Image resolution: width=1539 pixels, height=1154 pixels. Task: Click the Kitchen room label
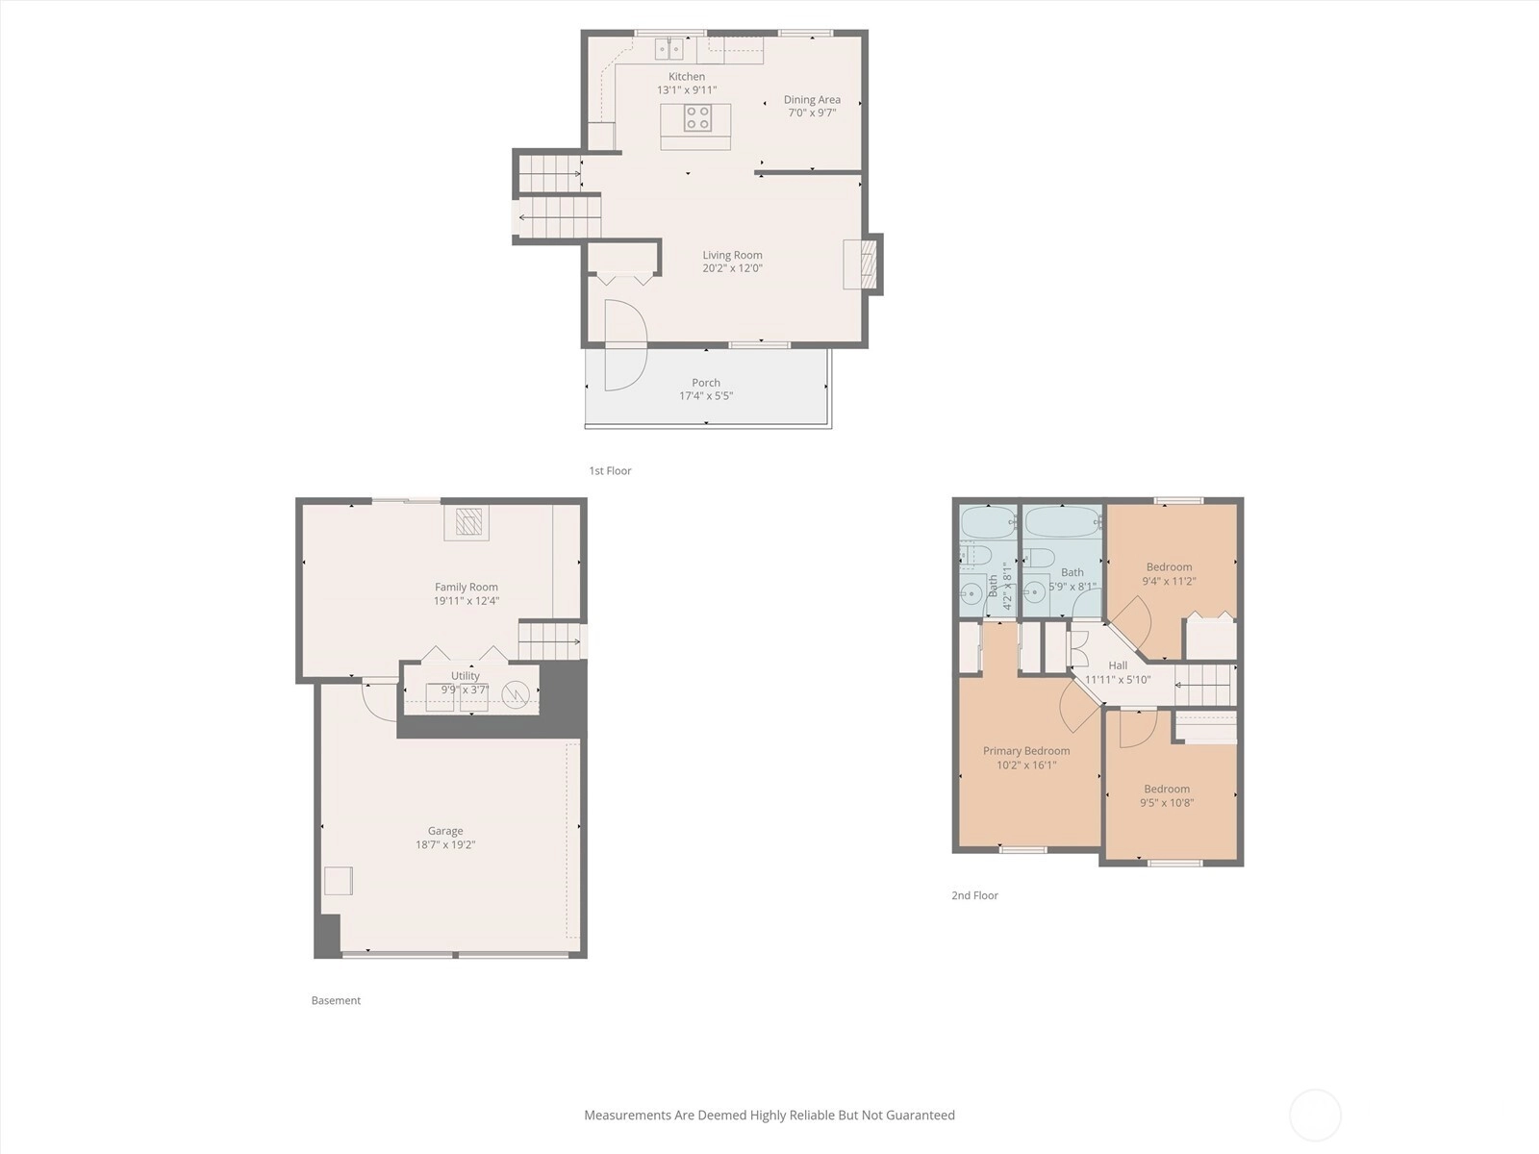tap(687, 76)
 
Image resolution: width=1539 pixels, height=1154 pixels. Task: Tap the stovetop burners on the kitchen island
tap(697, 117)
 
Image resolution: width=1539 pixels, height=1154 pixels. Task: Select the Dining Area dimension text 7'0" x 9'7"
tap(812, 113)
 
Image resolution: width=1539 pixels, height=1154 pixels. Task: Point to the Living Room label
tap(732, 255)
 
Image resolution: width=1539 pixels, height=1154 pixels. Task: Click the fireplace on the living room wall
tap(868, 264)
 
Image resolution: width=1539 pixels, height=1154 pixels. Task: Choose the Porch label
tap(706, 383)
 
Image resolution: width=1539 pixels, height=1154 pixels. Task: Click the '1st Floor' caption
tap(610, 471)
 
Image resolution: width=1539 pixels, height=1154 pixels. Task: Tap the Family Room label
tap(467, 588)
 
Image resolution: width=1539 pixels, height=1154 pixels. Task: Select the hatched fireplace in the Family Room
tap(467, 522)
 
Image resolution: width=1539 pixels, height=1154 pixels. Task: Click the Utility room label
tap(466, 675)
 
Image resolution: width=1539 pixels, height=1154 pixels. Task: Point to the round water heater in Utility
tap(516, 695)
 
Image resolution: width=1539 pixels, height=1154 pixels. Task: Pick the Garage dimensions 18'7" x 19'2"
tap(445, 845)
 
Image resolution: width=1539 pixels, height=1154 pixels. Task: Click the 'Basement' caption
tap(336, 1000)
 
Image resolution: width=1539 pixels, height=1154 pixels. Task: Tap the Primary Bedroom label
tap(1026, 751)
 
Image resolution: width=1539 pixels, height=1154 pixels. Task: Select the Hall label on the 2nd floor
tap(1118, 665)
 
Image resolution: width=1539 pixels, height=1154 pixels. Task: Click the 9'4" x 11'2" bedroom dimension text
tap(1169, 581)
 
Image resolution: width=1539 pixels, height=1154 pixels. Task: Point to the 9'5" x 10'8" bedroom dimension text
tap(1167, 803)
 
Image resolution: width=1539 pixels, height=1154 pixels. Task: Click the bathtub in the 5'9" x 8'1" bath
tap(1063, 522)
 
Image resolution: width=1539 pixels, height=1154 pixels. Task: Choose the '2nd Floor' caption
tap(974, 895)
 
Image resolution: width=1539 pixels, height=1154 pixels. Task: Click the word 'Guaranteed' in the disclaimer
tap(920, 1115)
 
